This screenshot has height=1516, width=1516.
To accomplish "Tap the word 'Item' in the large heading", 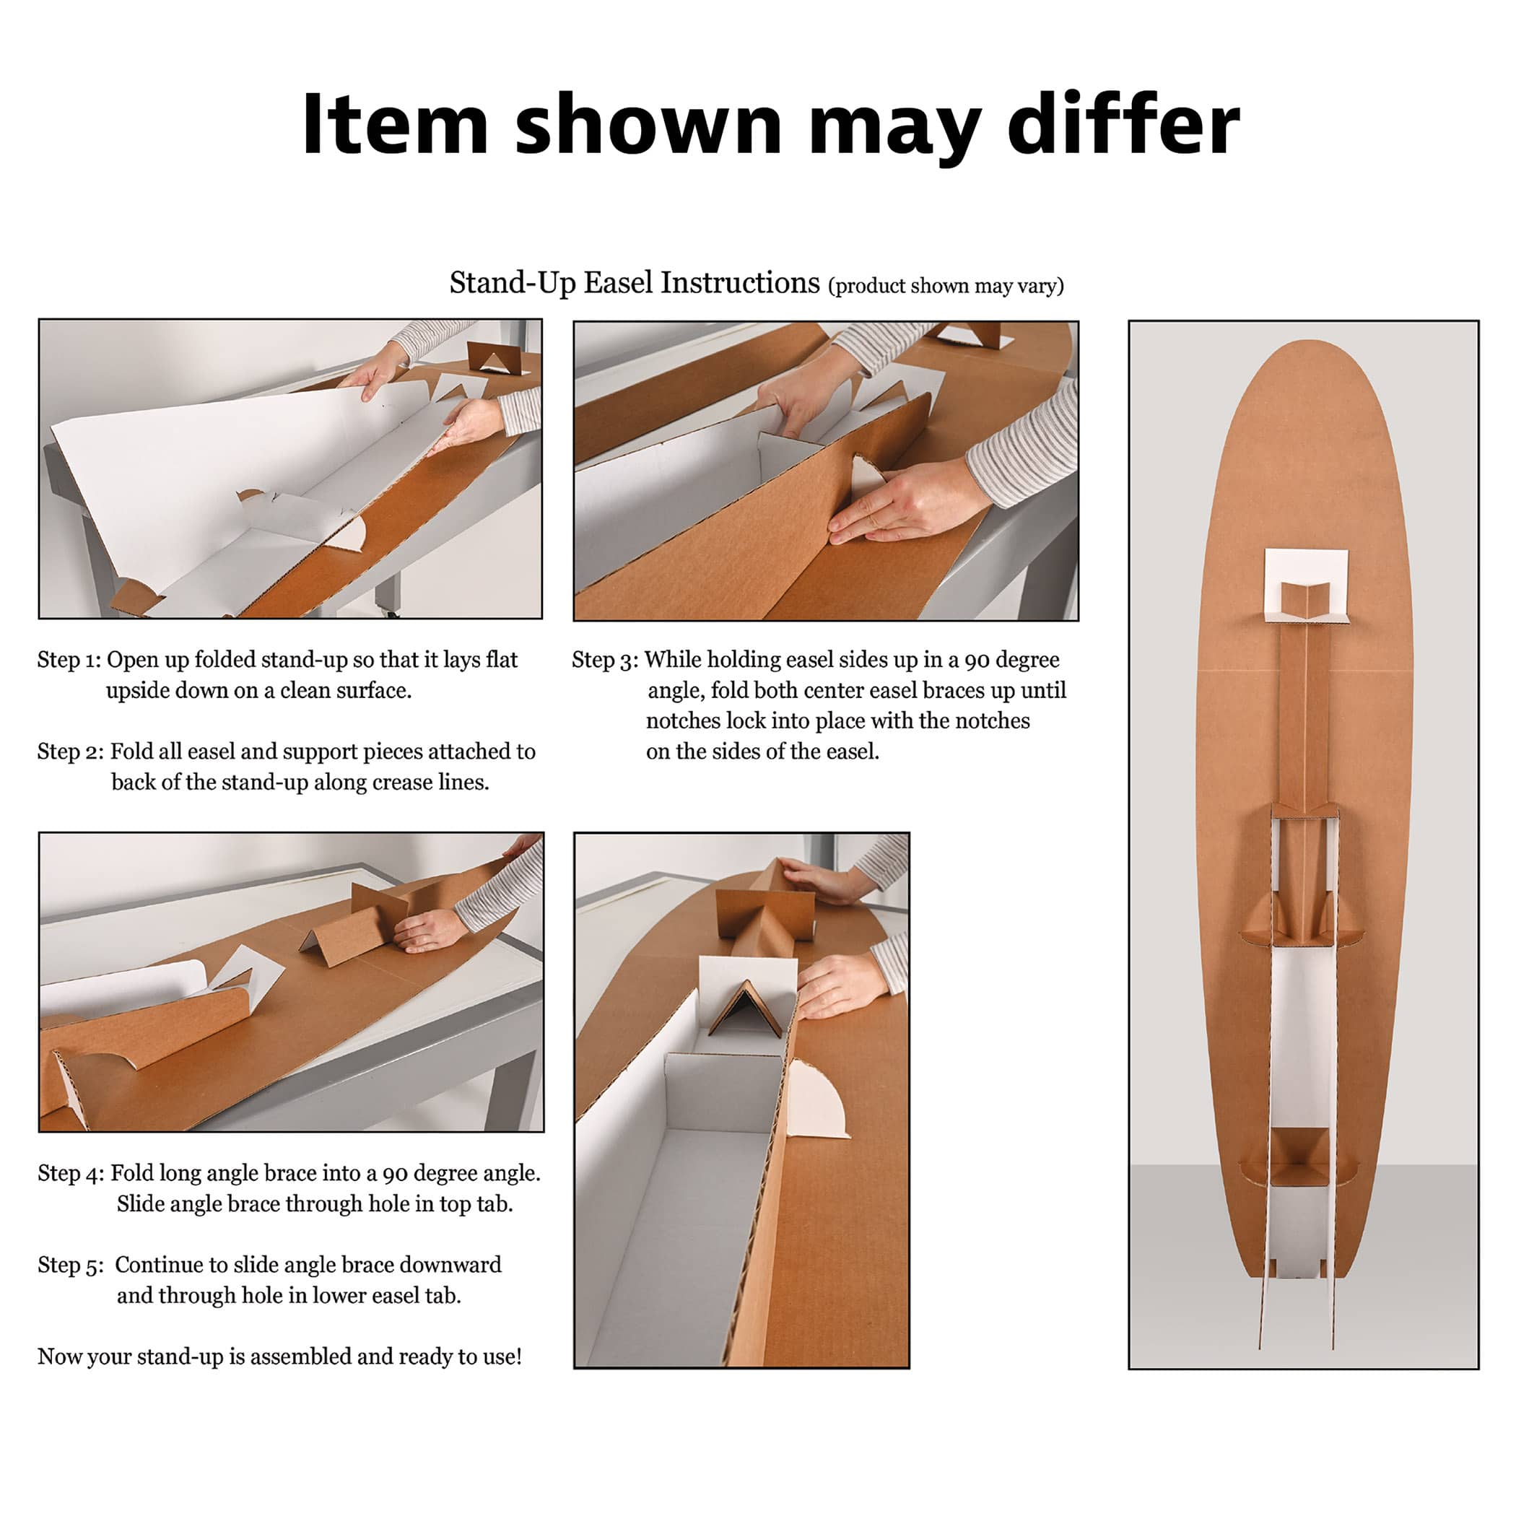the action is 396,123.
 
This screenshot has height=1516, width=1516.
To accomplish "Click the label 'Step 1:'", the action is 69,659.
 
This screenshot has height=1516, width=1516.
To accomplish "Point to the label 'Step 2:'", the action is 71,751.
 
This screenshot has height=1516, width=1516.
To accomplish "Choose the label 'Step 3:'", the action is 604,659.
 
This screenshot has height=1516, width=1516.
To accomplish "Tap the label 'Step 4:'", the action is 71,1172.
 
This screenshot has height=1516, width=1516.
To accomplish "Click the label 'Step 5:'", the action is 71,1264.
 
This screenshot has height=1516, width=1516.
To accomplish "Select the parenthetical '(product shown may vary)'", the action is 946,285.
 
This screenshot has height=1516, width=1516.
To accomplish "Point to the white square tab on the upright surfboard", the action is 1307,585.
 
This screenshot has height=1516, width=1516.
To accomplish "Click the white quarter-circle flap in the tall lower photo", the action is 818,1099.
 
